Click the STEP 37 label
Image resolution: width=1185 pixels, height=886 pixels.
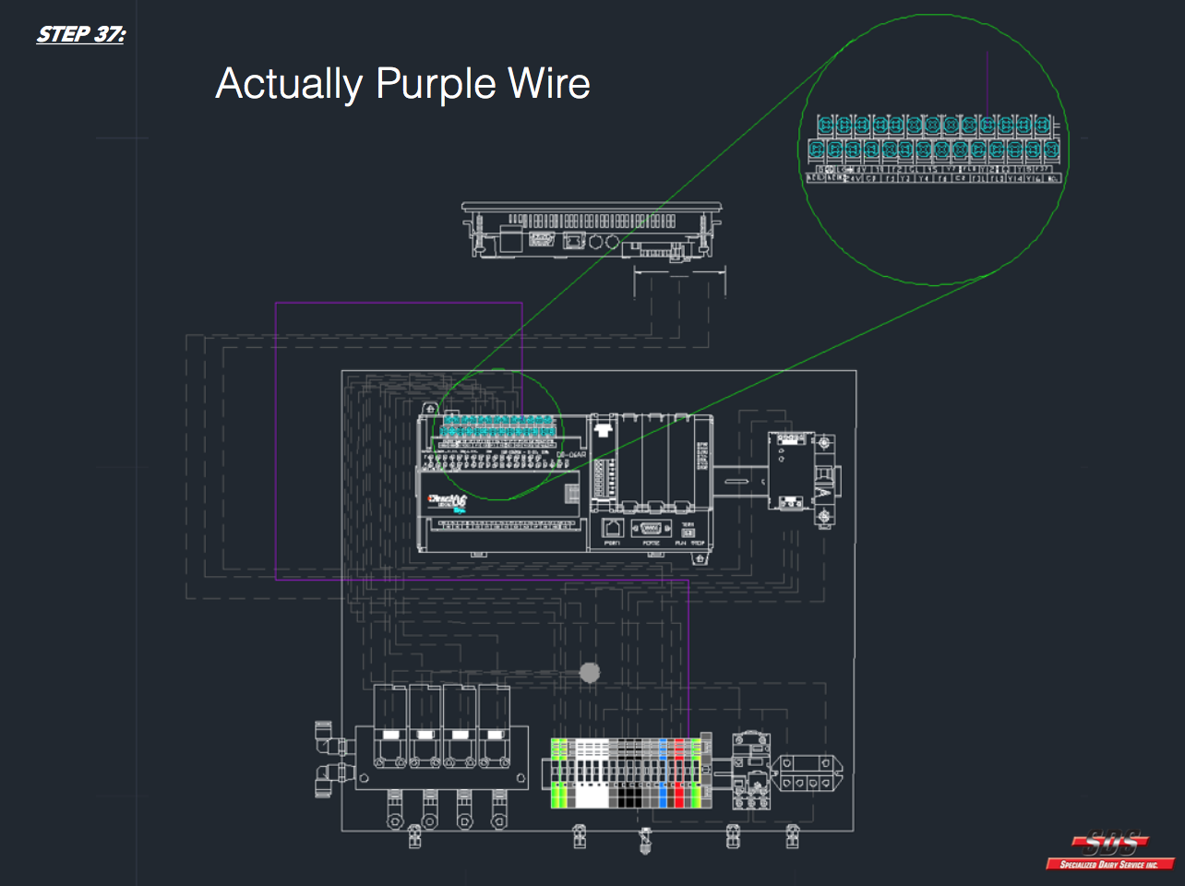pyautogui.click(x=81, y=35)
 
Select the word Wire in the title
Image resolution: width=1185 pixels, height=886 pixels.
pyautogui.click(x=549, y=83)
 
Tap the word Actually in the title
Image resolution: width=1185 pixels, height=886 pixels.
pyautogui.click(x=289, y=84)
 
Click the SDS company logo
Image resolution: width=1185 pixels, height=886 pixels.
pyautogui.click(x=1110, y=850)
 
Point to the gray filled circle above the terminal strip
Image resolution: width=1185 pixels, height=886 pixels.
pyautogui.click(x=590, y=672)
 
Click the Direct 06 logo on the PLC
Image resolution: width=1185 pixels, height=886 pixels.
pyautogui.click(x=449, y=501)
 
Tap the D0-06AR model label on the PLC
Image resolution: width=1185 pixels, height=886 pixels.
pyautogui.click(x=571, y=454)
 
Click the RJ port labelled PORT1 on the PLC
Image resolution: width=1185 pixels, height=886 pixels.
pyautogui.click(x=613, y=529)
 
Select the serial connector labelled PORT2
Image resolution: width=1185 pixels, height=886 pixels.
pyautogui.click(x=651, y=529)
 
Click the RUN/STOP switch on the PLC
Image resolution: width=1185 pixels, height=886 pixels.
pyautogui.click(x=688, y=533)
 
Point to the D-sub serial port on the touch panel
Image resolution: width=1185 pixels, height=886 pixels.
pyautogui.click(x=542, y=241)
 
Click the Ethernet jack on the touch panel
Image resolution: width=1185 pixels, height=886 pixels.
pyautogui.click(x=573, y=241)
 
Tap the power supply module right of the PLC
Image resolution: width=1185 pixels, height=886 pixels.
pyautogui.click(x=790, y=471)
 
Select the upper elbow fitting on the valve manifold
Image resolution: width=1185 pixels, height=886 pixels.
pyautogui.click(x=326, y=736)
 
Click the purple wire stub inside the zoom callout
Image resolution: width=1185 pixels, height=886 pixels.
pyautogui.click(x=987, y=83)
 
